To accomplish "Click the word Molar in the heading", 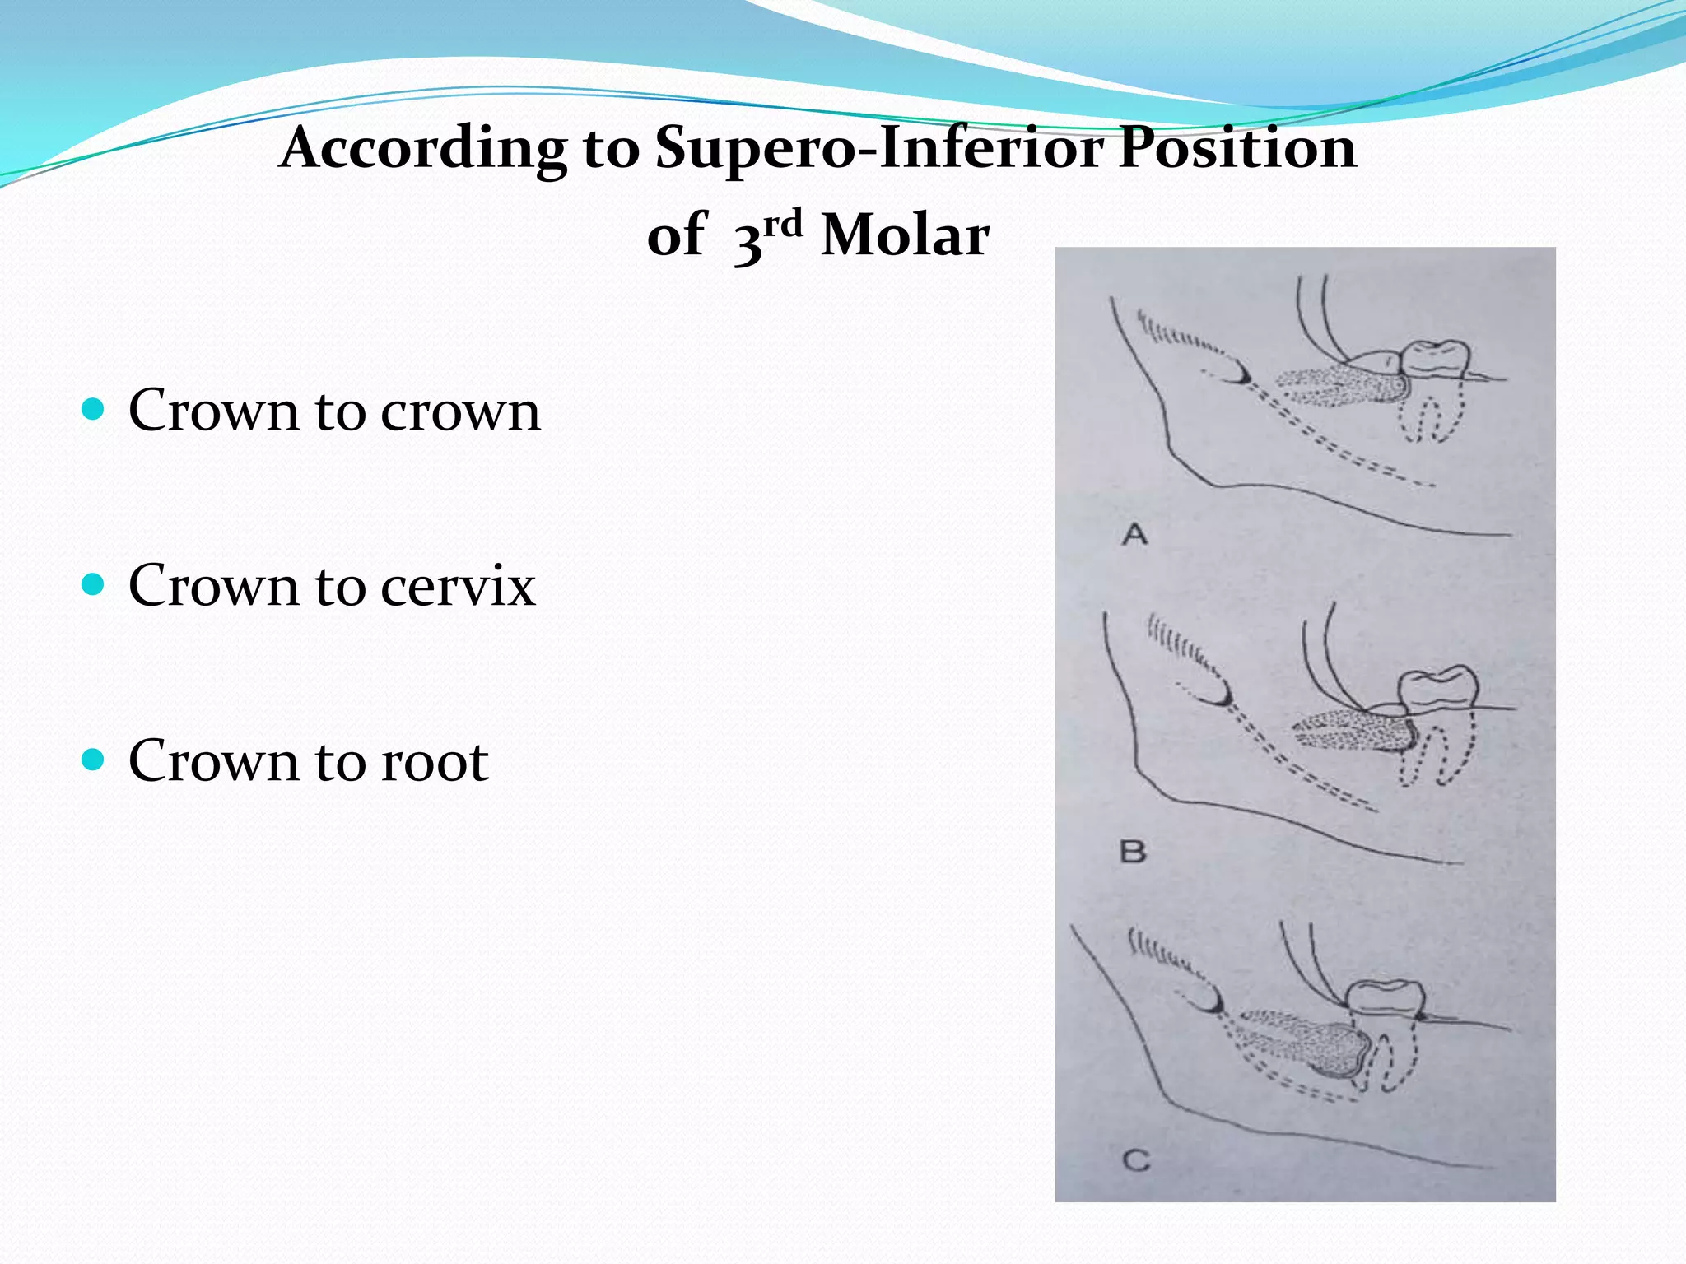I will (x=905, y=237).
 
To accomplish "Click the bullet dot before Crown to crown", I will (x=94, y=409).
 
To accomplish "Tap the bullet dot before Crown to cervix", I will (x=94, y=584).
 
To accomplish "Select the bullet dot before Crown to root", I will (x=94, y=760).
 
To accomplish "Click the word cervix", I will (x=458, y=587).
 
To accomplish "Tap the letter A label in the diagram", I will (x=1134, y=535).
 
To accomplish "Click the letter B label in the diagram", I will (x=1133, y=851).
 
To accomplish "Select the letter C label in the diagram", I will (x=1136, y=1161).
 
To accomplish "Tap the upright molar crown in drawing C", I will (x=1387, y=998).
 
